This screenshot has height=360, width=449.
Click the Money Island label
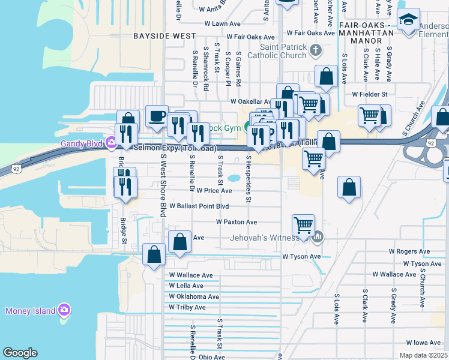pos(29,310)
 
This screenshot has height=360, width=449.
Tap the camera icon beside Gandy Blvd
pos(110,143)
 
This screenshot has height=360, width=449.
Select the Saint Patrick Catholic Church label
pos(283,52)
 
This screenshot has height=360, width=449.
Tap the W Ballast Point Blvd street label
pos(199,206)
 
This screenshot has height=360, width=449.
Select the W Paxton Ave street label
pos(237,222)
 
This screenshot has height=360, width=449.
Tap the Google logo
pos(20,353)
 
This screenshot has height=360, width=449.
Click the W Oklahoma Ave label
pos(194,296)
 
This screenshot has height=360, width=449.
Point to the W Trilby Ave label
pos(187,307)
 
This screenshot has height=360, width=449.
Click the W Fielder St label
pos(370,94)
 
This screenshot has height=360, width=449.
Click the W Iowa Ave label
pos(423,343)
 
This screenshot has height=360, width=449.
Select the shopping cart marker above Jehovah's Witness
pos(303,225)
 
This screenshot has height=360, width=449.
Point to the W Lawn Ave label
pos(222,25)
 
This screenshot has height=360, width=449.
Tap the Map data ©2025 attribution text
pos(423,355)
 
